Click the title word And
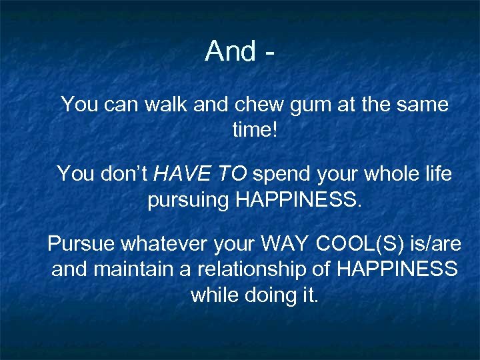click(230, 51)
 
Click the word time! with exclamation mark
click(254, 130)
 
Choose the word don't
click(125, 175)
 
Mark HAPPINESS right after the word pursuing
click(299, 200)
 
